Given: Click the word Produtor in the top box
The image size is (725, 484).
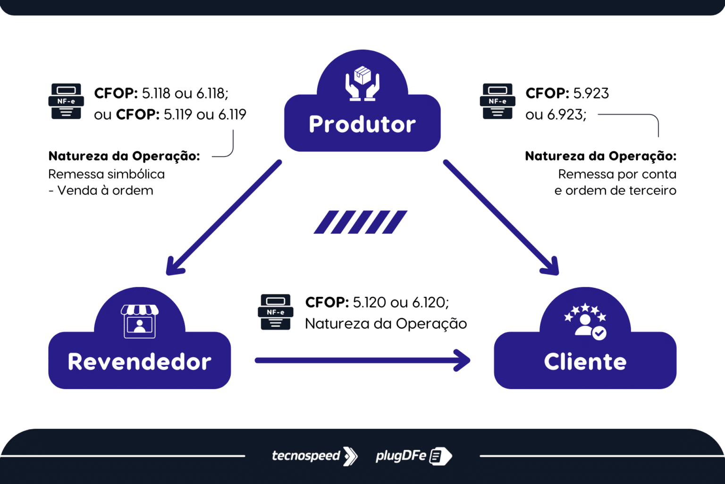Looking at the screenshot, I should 362,124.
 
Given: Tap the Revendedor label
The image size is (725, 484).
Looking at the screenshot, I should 139,362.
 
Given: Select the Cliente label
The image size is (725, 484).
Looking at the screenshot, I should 585,362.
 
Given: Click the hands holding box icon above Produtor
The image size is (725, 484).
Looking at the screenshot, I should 362,84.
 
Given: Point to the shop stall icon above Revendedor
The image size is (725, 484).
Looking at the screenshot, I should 139,321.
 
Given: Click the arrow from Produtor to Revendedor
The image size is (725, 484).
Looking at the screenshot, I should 224,217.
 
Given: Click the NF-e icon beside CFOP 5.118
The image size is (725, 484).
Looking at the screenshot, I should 66,101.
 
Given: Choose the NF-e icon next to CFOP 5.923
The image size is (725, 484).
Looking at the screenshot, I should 497,101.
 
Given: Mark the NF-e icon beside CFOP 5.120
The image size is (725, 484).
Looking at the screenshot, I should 276,312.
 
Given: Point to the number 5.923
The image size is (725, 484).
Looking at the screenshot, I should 591,93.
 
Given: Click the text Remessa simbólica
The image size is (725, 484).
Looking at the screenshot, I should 106,174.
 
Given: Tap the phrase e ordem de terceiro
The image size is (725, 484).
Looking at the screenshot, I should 615,190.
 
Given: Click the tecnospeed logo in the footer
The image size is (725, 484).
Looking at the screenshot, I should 314,456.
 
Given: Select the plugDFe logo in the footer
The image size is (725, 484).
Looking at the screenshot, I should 413,456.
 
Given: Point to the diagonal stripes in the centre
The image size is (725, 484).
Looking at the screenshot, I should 360,222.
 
